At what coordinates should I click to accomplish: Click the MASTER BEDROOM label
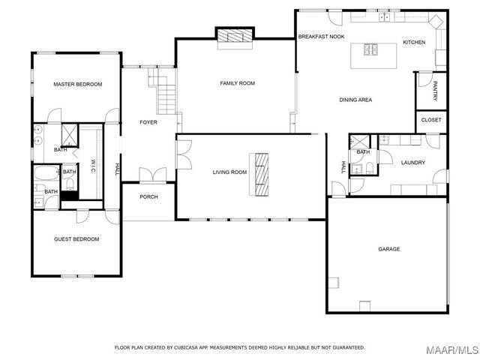[77, 84]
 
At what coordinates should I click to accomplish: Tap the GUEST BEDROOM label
[76, 239]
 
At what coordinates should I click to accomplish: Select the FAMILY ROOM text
[237, 83]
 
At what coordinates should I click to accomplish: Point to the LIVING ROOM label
[229, 172]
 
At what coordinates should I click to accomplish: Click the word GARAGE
[388, 249]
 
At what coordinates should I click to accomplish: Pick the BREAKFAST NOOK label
[321, 37]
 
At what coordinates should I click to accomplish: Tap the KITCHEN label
[414, 42]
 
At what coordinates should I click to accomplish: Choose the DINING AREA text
[355, 100]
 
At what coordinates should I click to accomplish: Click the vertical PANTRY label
[434, 91]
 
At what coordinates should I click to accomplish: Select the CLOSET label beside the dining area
[431, 120]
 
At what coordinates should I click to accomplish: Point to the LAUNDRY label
[413, 163]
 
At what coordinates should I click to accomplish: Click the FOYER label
[148, 122]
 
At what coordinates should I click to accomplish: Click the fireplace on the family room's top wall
[235, 37]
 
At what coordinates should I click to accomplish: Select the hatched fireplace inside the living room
[260, 173]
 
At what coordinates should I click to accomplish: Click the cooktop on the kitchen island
[371, 50]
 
